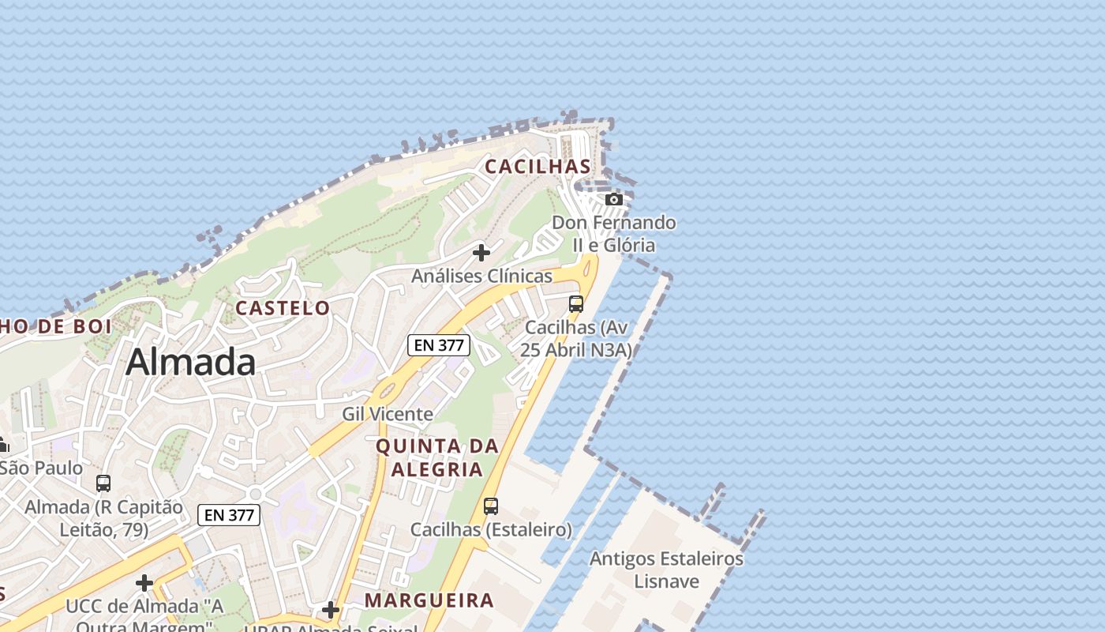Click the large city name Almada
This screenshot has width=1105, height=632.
[190, 363]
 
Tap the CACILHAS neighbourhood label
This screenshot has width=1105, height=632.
[538, 167]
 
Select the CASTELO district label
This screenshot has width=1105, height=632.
[283, 308]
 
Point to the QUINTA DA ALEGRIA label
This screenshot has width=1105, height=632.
[437, 457]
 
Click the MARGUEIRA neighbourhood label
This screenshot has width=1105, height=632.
[429, 600]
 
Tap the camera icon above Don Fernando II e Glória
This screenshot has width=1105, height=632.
[614, 199]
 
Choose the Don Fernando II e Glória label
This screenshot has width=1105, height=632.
[614, 234]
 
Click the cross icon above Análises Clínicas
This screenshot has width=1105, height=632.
[481, 253]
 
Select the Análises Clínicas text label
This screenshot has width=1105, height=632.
[481, 276]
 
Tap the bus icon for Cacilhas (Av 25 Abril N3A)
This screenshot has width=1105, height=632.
[576, 304]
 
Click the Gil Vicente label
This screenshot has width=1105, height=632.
[388, 414]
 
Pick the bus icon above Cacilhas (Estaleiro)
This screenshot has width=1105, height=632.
[491, 506]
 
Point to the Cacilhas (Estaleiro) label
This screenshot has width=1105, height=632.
[491, 529]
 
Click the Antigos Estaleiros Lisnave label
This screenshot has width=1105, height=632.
[667, 570]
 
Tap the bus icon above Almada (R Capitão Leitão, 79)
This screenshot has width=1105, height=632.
[103, 483]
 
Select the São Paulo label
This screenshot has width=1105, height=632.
[41, 468]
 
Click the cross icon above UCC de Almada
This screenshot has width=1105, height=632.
[144, 584]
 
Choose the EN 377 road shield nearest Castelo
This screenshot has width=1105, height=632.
[439, 345]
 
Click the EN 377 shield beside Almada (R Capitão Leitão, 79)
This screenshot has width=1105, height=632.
[229, 515]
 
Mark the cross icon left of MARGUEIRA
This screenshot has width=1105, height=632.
[331, 610]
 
